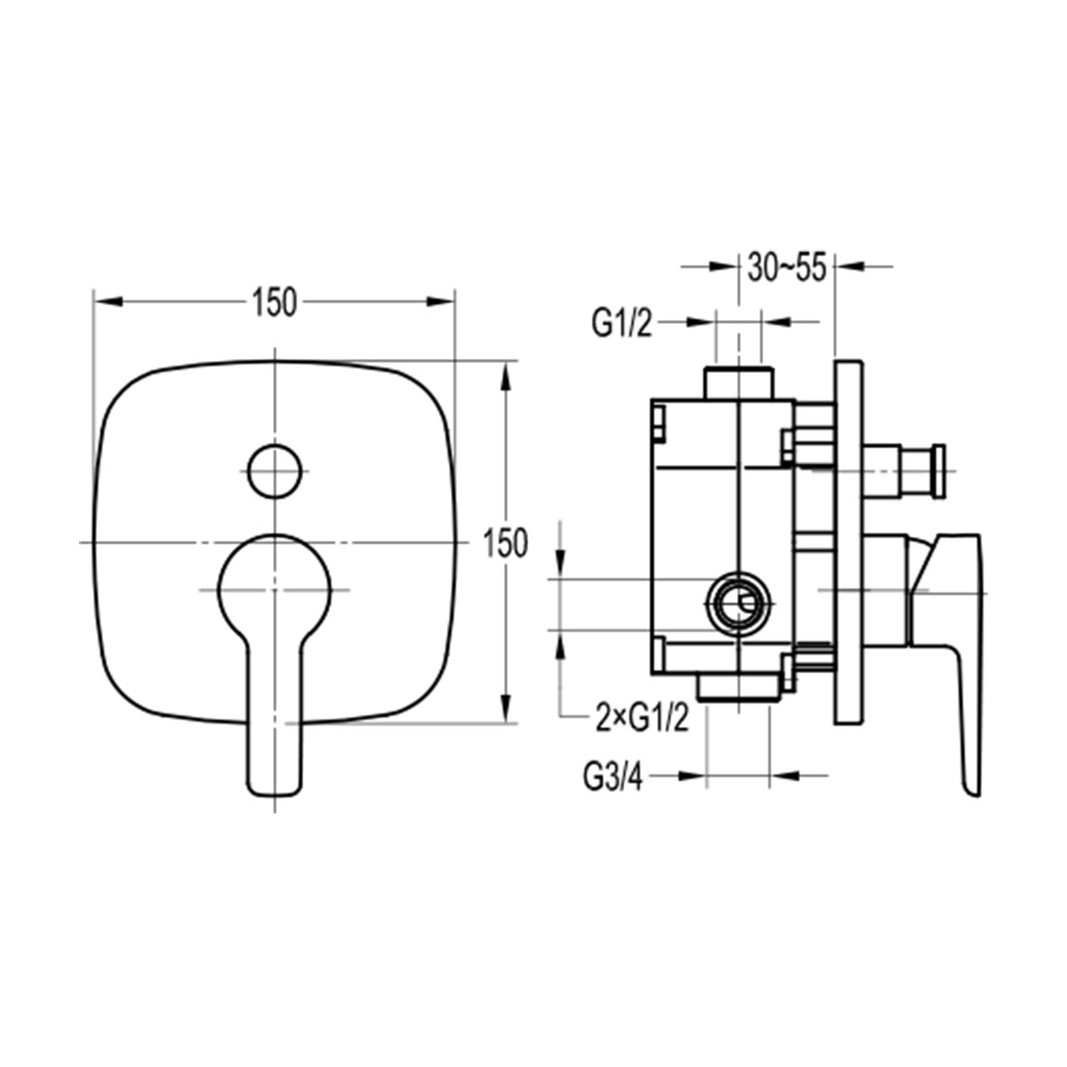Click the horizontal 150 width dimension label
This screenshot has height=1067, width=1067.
pyautogui.click(x=275, y=303)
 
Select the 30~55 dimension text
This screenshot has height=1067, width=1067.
pyautogui.click(x=786, y=268)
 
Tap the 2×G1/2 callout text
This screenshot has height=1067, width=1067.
pyautogui.click(x=642, y=718)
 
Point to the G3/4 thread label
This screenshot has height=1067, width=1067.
pyautogui.click(x=613, y=777)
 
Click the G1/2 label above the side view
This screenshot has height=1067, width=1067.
pyautogui.click(x=622, y=324)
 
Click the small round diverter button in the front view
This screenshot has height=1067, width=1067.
pyautogui.click(x=275, y=470)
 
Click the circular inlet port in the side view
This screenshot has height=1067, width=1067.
pyautogui.click(x=739, y=604)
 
